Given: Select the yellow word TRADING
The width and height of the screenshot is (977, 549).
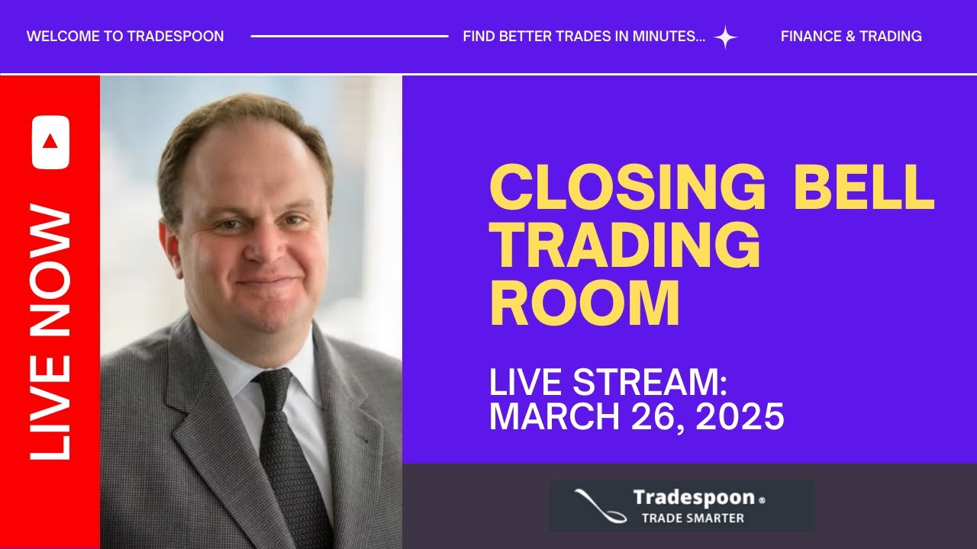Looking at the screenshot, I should [x=624, y=246].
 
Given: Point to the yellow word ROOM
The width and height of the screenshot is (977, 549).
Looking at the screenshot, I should [x=584, y=303].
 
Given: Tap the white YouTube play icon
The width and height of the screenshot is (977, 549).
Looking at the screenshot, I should [x=50, y=142].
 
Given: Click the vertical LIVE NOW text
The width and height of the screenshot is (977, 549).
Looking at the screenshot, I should [x=50, y=332].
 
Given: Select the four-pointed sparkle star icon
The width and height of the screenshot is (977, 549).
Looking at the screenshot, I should [x=725, y=37].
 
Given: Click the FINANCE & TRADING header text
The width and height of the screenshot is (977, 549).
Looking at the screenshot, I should [x=851, y=37].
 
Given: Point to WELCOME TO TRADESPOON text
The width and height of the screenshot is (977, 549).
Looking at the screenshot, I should [x=125, y=37].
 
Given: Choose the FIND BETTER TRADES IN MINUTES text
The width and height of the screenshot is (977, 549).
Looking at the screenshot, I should [x=584, y=37].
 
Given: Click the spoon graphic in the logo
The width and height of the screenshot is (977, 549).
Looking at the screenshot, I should [x=599, y=505].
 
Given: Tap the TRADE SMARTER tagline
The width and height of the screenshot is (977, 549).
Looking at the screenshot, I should [x=692, y=518].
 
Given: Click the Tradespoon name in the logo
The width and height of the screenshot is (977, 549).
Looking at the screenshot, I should [x=693, y=499].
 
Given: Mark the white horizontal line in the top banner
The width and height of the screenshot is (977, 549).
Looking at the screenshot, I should [x=350, y=36].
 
